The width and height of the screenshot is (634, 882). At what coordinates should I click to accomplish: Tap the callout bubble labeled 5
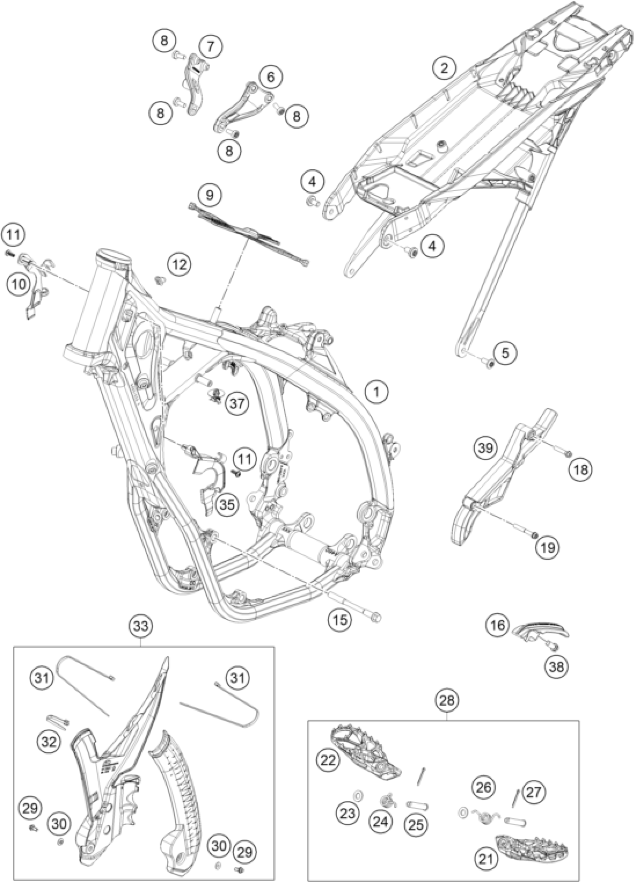click(505, 353)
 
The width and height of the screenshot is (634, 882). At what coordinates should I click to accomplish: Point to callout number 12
click(180, 265)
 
